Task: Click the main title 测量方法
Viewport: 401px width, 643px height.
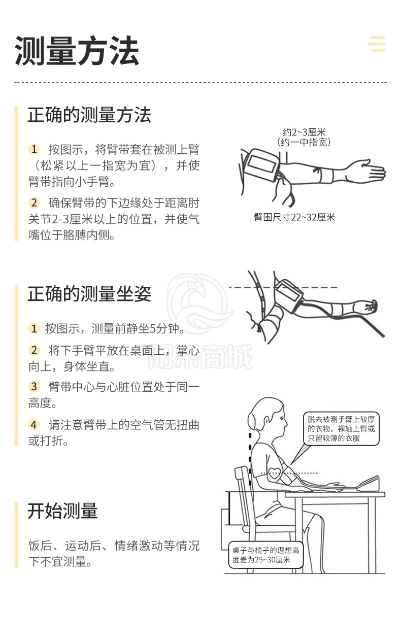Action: click(x=77, y=51)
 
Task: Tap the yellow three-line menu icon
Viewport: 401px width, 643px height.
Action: click(x=377, y=44)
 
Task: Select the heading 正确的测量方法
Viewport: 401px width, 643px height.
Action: click(x=89, y=115)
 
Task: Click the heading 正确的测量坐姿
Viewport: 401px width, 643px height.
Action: click(x=89, y=294)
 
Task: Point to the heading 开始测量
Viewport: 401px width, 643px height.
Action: click(x=62, y=511)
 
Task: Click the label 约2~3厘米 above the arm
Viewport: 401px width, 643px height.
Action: click(x=304, y=132)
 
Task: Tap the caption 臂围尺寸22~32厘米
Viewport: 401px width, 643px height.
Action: click(x=294, y=217)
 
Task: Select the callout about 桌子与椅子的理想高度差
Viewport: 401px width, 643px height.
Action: click(x=266, y=555)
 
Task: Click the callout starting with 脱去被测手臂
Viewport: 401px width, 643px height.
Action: click(x=341, y=428)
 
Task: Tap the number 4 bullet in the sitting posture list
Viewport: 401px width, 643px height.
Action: click(x=34, y=425)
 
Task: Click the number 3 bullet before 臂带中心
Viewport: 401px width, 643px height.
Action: click(x=34, y=386)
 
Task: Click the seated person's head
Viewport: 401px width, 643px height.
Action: click(x=268, y=415)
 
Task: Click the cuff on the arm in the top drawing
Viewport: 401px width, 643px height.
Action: click(x=261, y=164)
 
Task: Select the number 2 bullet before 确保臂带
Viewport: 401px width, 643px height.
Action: click(x=34, y=202)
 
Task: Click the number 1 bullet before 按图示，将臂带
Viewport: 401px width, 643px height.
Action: click(x=34, y=149)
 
